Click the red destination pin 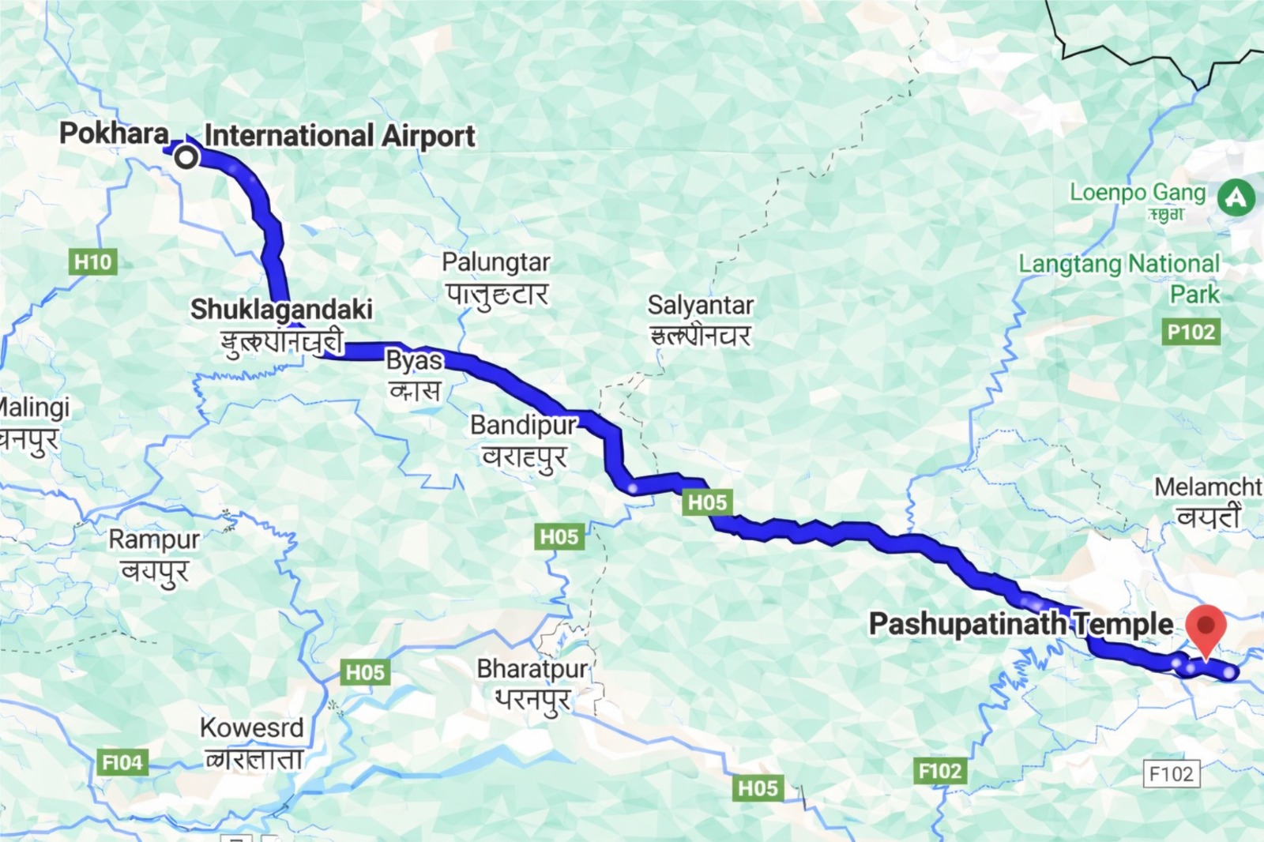click(x=1206, y=629)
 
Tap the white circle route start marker click(x=186, y=157)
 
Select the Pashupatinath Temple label click(x=1021, y=624)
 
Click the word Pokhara click(x=115, y=133)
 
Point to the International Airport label click(x=340, y=136)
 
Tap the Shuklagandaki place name click(x=281, y=309)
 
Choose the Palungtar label click(x=495, y=262)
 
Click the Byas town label click(x=414, y=360)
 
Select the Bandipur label click(x=524, y=425)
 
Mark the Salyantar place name click(x=700, y=305)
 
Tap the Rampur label click(x=154, y=539)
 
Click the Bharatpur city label click(x=532, y=669)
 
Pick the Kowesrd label click(x=251, y=727)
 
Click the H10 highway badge click(x=93, y=261)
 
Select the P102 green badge click(x=1191, y=332)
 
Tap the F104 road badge click(x=122, y=762)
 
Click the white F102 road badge click(x=1171, y=773)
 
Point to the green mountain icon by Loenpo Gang click(x=1236, y=197)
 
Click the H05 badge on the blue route click(x=707, y=502)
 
